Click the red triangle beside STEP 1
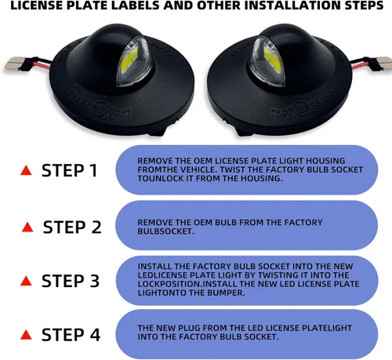click(x=26, y=170)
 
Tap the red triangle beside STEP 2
click(x=27, y=227)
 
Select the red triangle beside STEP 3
click(x=26, y=281)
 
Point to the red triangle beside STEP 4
click(x=26, y=335)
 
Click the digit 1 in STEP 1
click(x=93, y=170)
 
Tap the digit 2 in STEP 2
click(x=96, y=227)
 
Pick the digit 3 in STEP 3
click(x=94, y=281)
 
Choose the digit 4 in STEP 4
click(x=95, y=335)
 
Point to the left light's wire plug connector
click(x=13, y=63)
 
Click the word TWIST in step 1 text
click(x=232, y=169)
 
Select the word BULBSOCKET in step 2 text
click(x=165, y=231)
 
